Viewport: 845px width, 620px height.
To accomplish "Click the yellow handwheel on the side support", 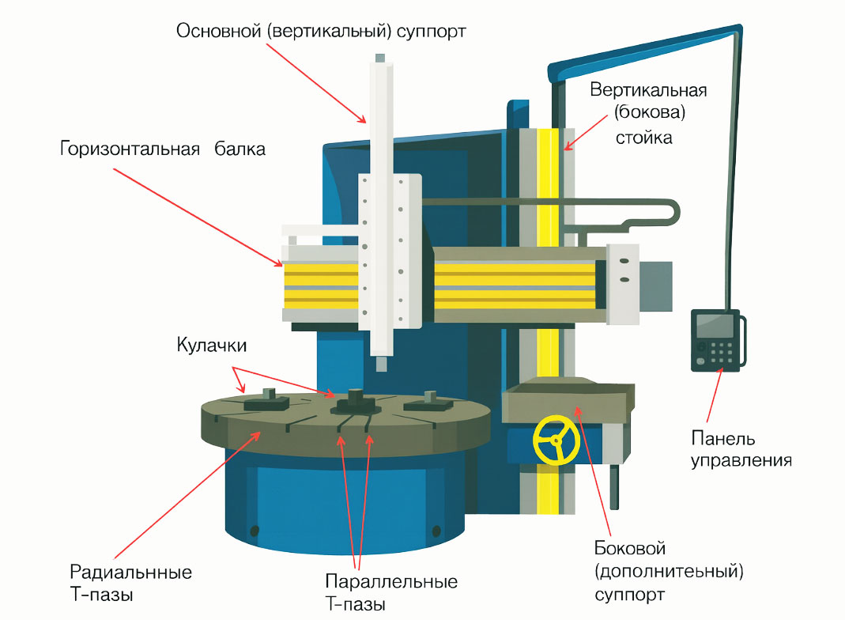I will pos(556,440).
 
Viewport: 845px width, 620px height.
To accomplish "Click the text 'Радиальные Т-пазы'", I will pos(131,582).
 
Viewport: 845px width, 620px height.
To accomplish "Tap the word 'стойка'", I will pos(643,138).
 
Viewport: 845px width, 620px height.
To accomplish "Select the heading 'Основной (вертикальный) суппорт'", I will pos(322,32).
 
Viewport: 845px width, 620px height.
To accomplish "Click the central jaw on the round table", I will pos(353,403).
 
